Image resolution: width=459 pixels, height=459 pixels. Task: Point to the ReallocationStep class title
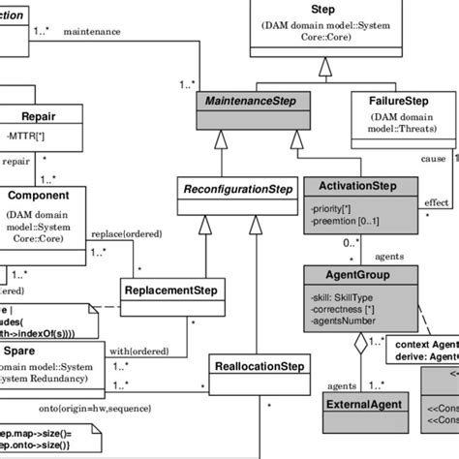click(259, 367)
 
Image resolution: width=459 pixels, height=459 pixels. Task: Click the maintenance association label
click(92, 32)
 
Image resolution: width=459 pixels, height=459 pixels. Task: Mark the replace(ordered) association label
click(123, 234)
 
